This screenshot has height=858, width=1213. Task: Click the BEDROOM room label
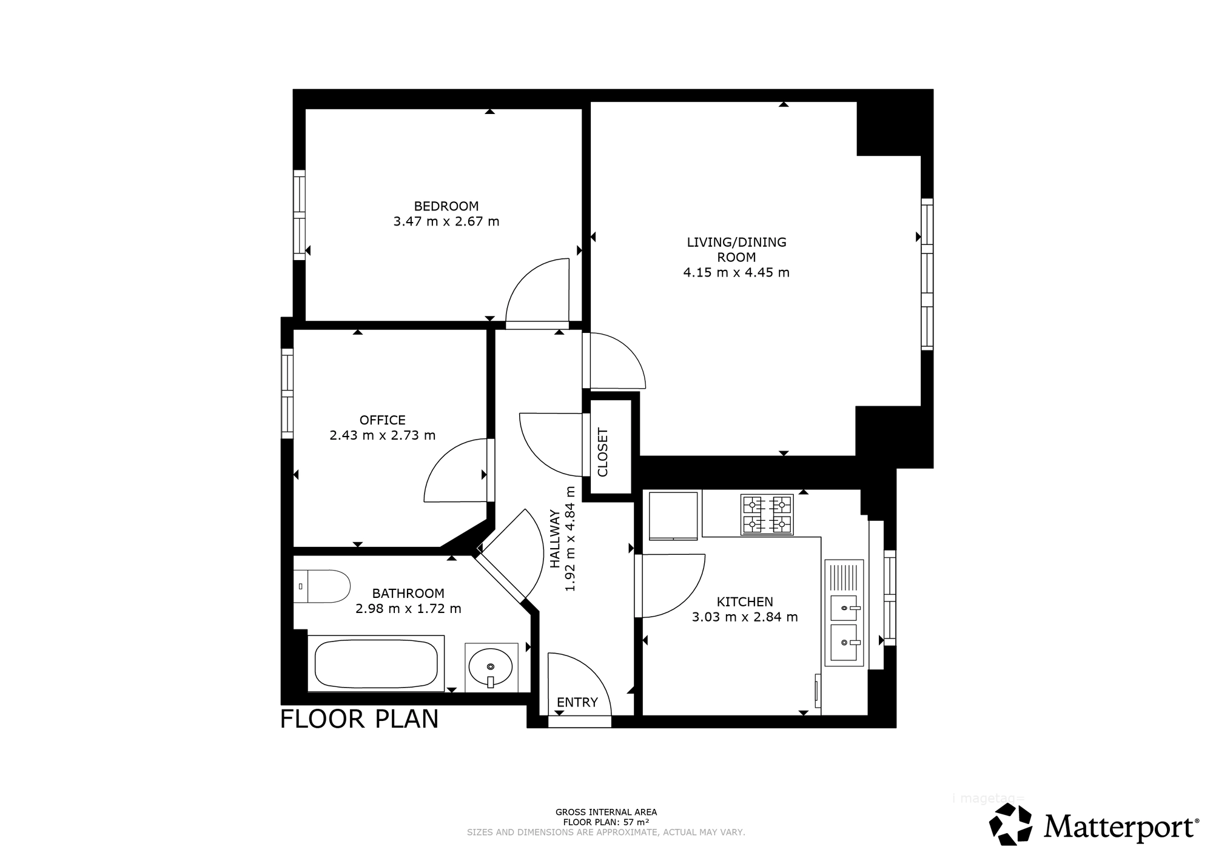(446, 206)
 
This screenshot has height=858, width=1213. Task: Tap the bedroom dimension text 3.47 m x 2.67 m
(446, 221)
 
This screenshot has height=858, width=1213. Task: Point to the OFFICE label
(383, 420)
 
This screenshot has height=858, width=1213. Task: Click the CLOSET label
(603, 452)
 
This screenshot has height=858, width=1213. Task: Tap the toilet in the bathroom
(322, 586)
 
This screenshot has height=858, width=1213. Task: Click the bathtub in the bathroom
(376, 663)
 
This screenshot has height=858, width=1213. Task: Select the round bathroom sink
(491, 668)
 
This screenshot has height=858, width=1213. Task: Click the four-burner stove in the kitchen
(767, 515)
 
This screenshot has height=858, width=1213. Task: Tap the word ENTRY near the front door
(577, 702)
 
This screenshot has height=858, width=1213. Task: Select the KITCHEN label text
(745, 602)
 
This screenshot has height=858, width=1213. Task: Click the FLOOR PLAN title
(359, 719)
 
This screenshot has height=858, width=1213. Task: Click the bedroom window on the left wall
(299, 215)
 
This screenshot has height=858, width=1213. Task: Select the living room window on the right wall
(927, 274)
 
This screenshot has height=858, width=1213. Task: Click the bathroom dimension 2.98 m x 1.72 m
(408, 608)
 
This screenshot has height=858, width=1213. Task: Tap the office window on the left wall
(287, 393)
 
